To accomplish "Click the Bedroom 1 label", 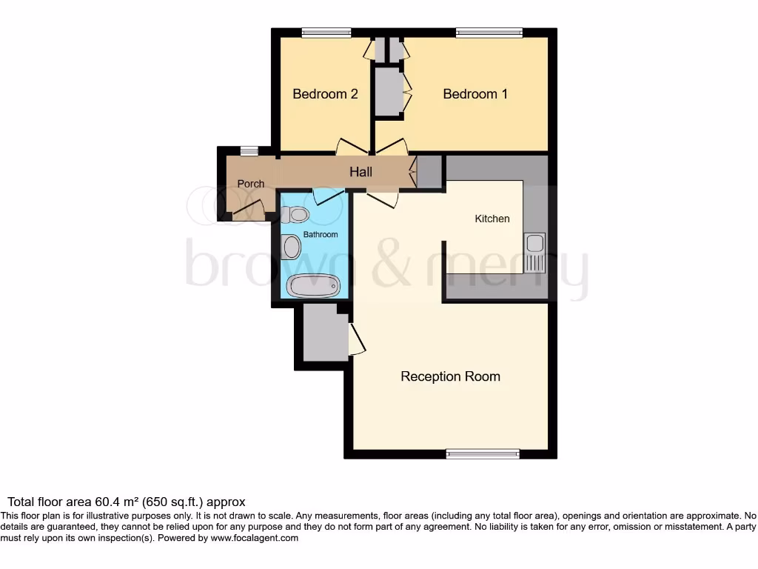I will pos(475,94).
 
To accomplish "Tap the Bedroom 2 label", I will pos(325,94).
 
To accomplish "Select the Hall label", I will pos(360,172).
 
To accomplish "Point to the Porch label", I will pos(250,184).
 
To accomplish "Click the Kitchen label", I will pos(492,219).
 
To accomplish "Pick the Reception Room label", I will pos(450,376).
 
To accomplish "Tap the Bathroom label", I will pos(321,235).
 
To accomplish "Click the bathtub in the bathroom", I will pos(313,285).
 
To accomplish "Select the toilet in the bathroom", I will pos(295,215).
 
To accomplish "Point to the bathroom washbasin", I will pos(292,247).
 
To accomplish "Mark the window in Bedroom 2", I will pos(326,32).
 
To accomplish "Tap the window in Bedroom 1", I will pos(489,32).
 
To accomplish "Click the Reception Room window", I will pos(483,453).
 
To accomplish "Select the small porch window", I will pos(249,151).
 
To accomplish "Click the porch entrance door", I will pos(248,211).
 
